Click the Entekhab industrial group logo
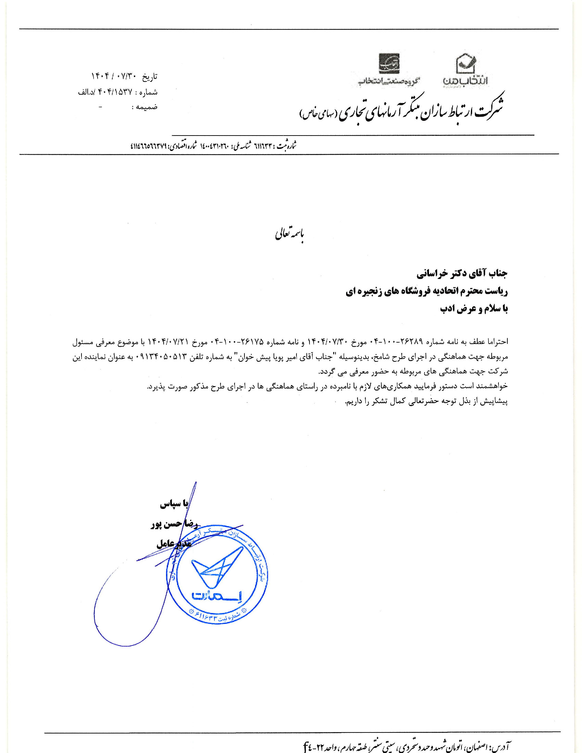[389, 63]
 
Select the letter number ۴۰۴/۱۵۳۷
[115, 92]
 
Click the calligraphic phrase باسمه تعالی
[290, 234]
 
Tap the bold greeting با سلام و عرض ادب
[474, 309]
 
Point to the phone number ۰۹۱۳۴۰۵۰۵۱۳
[162, 357]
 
